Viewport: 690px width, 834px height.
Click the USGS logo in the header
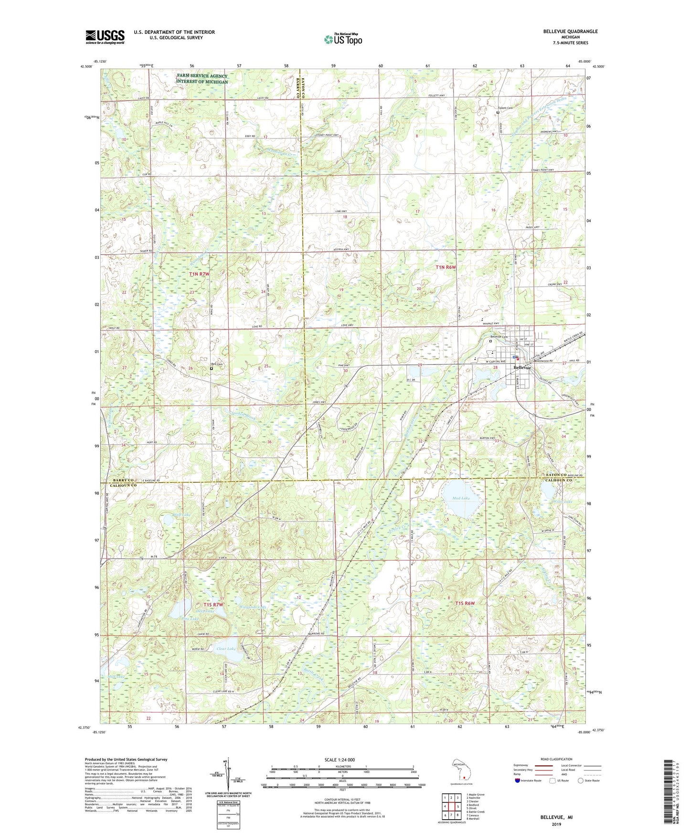105,37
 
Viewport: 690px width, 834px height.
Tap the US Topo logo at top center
342,39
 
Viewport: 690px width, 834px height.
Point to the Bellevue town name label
522,368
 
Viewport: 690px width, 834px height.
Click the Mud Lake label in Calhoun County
461,498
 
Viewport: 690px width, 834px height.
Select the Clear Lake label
226,649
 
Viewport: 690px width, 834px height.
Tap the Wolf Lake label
180,515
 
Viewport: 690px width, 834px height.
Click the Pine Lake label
190,619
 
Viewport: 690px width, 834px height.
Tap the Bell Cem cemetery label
217,365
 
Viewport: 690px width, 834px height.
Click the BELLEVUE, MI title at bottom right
556,817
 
